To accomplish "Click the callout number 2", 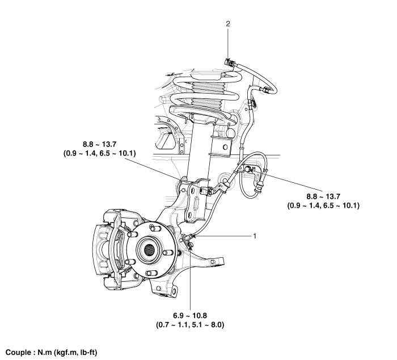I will pyautogui.click(x=228, y=24).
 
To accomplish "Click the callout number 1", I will pyautogui.click(x=256, y=234).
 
